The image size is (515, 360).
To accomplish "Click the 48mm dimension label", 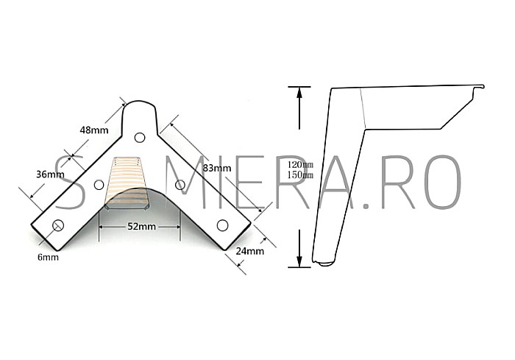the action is (x=94, y=130).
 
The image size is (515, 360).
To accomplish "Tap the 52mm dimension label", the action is (x=141, y=227).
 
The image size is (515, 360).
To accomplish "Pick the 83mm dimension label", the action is (x=217, y=169).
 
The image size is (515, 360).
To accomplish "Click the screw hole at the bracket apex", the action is (x=140, y=135).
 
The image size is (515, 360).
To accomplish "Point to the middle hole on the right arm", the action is (x=180, y=184).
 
